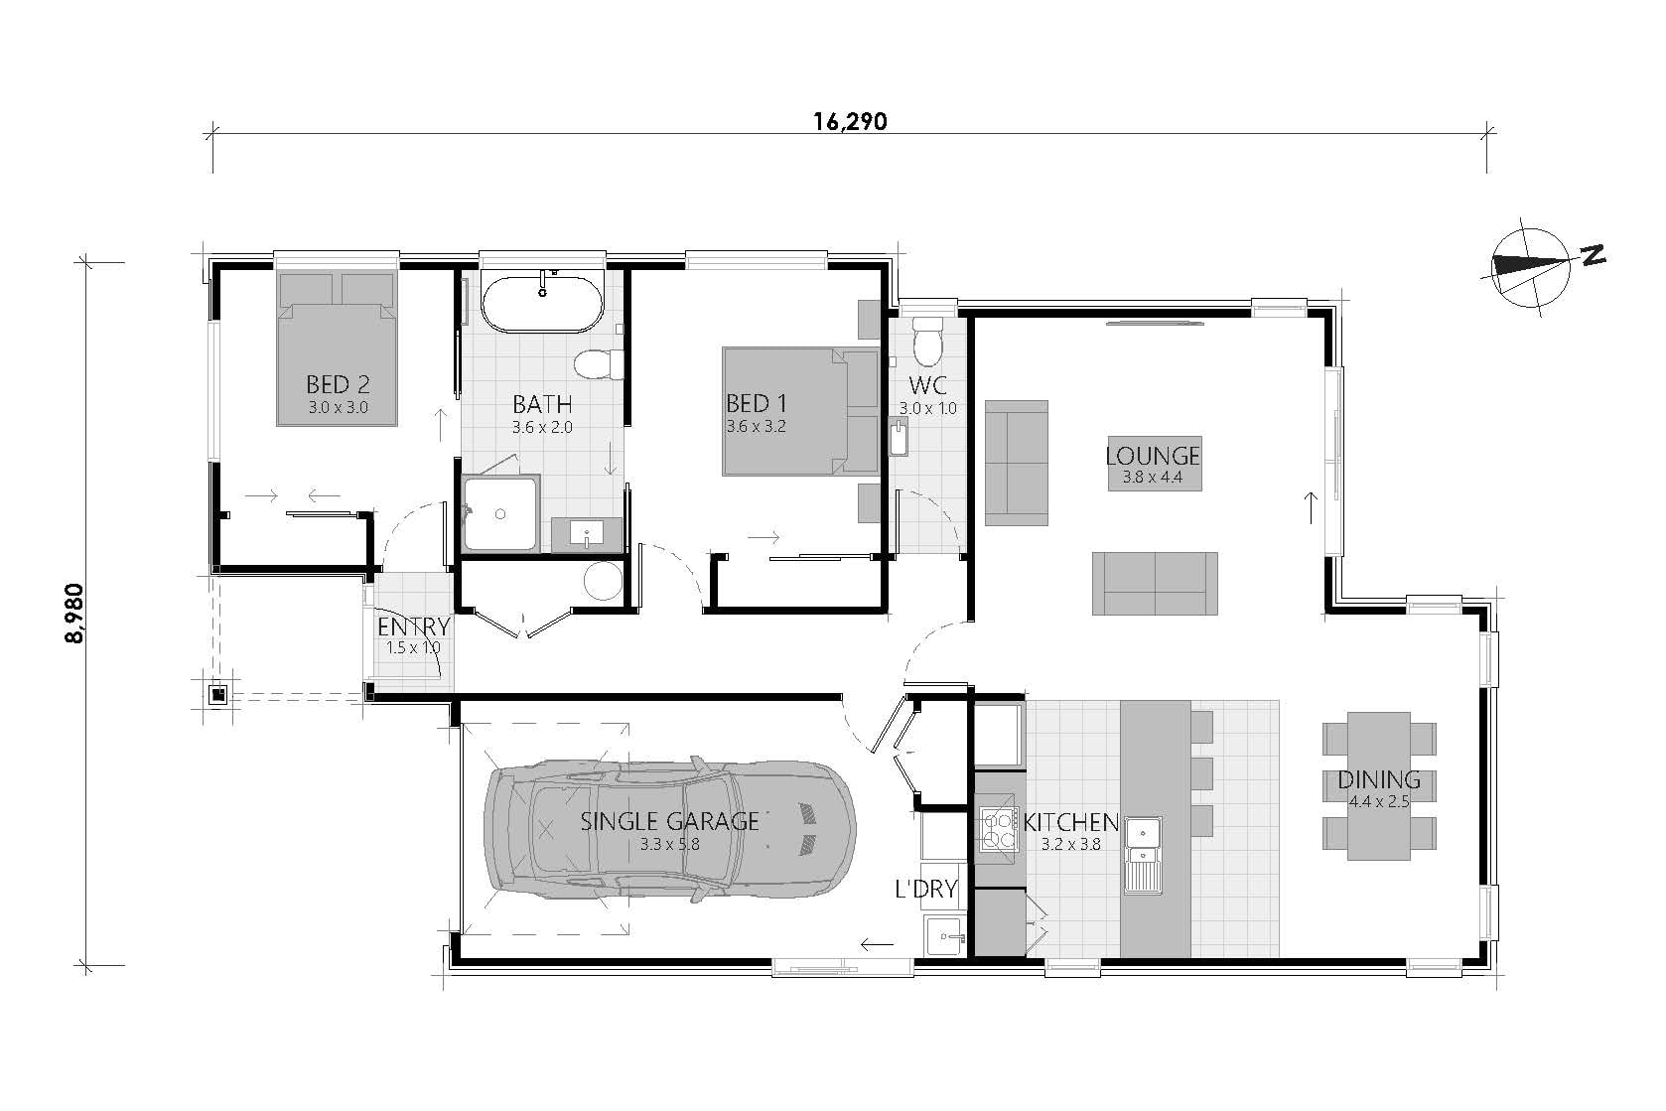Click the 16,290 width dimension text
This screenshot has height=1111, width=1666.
point(850,122)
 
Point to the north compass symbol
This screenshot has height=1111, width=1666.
point(1534,265)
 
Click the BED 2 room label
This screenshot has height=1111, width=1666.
point(338,383)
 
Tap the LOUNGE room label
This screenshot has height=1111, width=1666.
point(1153,456)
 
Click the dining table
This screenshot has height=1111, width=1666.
point(1379,784)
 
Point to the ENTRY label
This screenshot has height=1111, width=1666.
point(413,627)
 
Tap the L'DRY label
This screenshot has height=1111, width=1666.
point(925,889)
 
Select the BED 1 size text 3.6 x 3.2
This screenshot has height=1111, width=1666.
point(757,427)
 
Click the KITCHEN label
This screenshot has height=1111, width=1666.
point(1071,823)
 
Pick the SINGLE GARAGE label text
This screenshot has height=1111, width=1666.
point(670,821)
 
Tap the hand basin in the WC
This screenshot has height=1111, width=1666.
point(901,438)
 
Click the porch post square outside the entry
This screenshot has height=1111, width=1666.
point(217,695)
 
